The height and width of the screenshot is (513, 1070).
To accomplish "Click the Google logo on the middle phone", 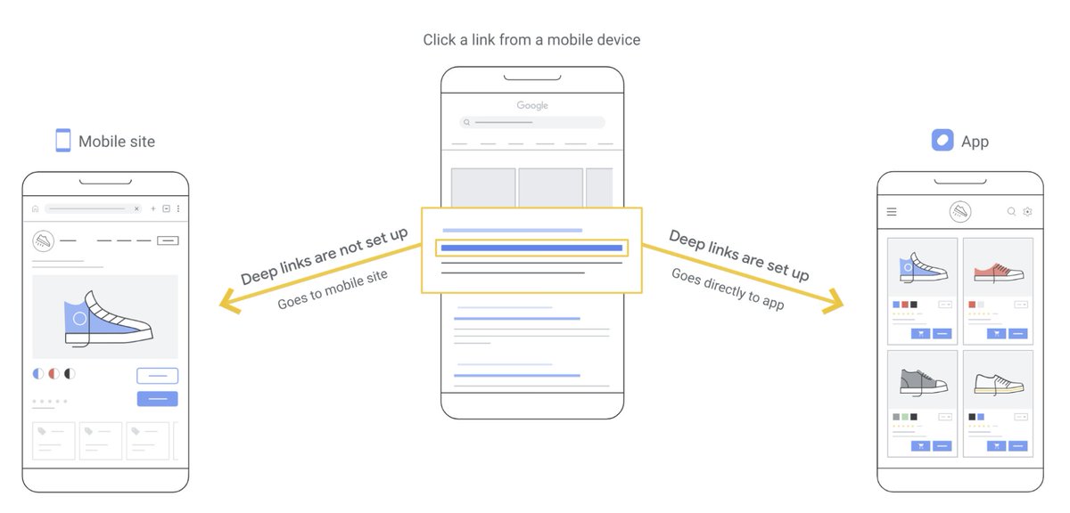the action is pos(532,105).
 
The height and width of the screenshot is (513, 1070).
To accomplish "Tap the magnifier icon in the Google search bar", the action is pos(466,122).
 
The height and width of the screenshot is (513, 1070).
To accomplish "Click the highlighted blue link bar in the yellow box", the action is pos(531,248).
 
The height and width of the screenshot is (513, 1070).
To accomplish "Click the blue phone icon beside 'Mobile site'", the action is pos(62,141).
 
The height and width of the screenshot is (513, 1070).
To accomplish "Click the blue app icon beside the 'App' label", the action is pos(942,141).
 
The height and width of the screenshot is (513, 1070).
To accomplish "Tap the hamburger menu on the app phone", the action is pos(892,212).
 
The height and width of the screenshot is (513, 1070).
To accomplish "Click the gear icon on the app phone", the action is pos(1027,212).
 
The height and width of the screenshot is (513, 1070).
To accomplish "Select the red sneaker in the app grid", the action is pos(997,271).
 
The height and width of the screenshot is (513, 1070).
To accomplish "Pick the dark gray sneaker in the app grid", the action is pos(922,382).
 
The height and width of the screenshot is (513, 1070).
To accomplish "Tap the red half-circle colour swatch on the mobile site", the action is pos(53,374).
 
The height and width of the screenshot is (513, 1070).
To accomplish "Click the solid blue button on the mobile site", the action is pos(157,398).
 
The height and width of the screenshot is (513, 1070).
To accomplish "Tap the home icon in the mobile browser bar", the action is pos(35,208).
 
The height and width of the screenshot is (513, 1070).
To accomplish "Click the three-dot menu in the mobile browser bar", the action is pos(177,208).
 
